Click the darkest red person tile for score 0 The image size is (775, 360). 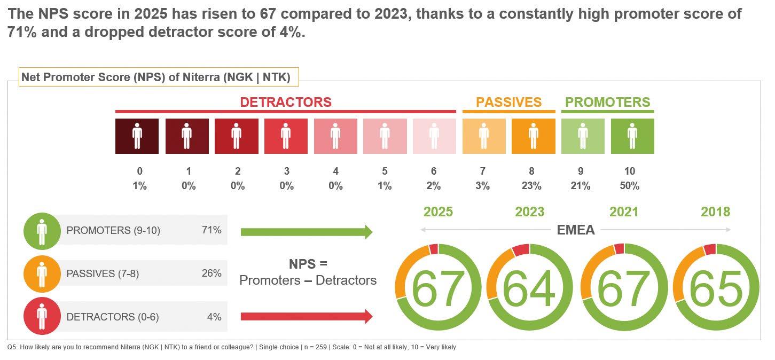(137, 136)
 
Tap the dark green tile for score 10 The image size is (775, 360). (632, 136)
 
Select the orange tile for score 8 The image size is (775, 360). (533, 136)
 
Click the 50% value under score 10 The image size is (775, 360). (630, 186)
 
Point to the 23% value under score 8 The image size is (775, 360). (531, 186)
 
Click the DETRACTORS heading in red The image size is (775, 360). (286, 102)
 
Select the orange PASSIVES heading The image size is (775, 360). (508, 102)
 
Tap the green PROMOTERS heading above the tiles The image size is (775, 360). (607, 102)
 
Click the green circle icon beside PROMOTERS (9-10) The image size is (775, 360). (42, 231)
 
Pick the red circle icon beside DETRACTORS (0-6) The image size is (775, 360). (42, 317)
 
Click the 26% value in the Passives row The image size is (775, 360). (212, 273)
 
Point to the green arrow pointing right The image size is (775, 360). (306, 232)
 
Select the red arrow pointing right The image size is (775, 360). (306, 317)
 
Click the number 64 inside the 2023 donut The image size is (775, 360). (529, 289)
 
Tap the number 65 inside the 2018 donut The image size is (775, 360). (716, 289)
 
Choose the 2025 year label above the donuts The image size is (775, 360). (438, 212)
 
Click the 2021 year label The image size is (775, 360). (624, 212)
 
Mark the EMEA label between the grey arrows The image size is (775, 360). (576, 230)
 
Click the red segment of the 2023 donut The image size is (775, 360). (521, 249)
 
